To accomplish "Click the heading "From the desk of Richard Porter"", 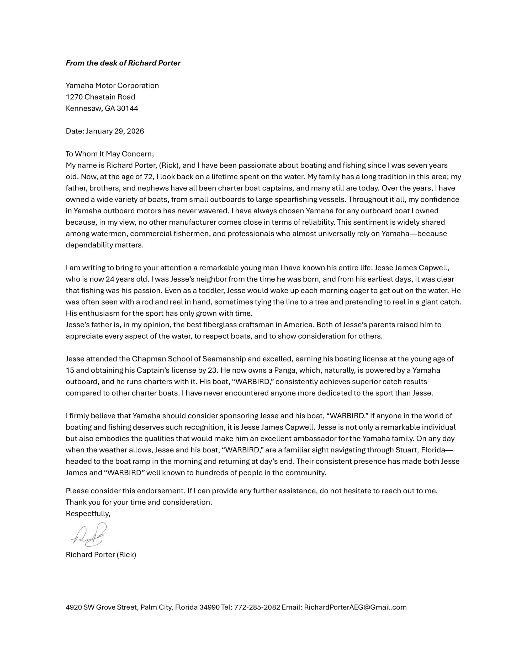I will (123, 63).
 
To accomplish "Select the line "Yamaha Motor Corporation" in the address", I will (112, 85).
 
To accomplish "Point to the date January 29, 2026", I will (115, 131).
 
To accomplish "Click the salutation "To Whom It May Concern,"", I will (109, 154).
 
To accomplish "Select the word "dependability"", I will (89, 245).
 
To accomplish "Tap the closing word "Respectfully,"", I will (88, 513).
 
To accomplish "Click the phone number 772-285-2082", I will (257, 607).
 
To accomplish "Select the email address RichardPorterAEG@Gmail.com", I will (355, 607).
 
